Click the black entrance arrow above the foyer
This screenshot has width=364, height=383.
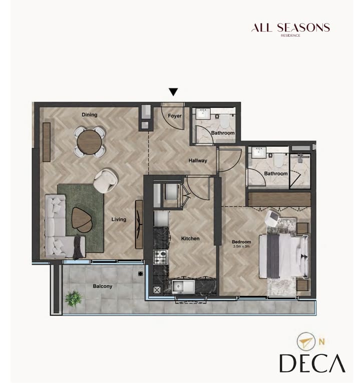[x=173, y=92]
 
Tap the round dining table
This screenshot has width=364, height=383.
[x=89, y=142]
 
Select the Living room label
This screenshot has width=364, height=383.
[x=119, y=219]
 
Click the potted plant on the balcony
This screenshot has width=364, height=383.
[x=73, y=298]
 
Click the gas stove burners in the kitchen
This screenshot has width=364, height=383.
[x=161, y=256]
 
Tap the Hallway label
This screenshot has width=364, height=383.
[x=198, y=160]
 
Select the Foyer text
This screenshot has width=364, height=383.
[x=175, y=116]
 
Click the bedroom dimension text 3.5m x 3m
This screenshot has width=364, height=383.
[x=241, y=246]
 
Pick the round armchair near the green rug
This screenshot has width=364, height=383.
[x=106, y=180]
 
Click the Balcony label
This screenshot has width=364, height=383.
[x=103, y=286]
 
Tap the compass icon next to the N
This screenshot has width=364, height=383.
[x=306, y=341]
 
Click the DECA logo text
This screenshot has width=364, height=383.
[x=312, y=363]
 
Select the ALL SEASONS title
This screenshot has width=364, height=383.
[x=290, y=27]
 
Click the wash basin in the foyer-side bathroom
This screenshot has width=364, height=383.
[x=203, y=113]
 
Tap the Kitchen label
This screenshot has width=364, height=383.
[x=190, y=238]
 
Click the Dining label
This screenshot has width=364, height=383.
[x=90, y=114]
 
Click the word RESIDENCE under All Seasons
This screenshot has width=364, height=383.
[x=290, y=35]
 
